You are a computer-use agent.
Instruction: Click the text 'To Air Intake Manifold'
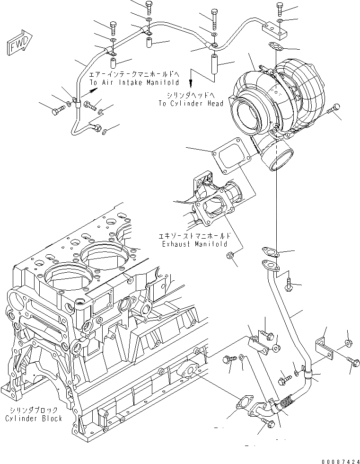tap(125, 81)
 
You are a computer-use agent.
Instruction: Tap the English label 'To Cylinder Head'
tap(191, 104)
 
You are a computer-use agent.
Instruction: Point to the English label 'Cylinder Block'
tap(34, 419)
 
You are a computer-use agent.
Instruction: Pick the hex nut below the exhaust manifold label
tap(229, 256)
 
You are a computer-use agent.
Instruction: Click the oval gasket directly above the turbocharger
tap(275, 46)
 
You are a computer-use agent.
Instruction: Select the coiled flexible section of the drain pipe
tap(286, 402)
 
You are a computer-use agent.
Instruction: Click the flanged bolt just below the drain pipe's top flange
tap(289, 285)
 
